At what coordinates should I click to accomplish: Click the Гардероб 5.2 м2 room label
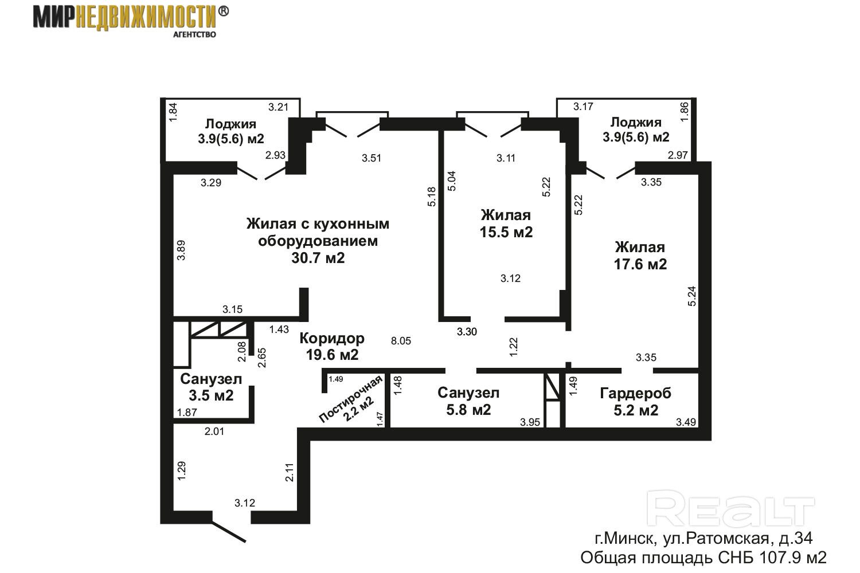tap(635, 402)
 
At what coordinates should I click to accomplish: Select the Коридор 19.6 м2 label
tap(332, 347)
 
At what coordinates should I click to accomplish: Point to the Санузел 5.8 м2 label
tap(468, 401)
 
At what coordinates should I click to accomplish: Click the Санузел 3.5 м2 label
tap(211, 387)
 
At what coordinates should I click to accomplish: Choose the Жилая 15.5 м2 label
tap(506, 223)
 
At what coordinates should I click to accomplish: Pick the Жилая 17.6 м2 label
tap(640, 256)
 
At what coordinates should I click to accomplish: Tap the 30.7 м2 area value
tap(318, 258)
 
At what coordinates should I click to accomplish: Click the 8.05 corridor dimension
tap(401, 341)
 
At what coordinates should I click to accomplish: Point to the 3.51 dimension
tap(372, 158)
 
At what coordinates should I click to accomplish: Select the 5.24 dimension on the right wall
tap(691, 296)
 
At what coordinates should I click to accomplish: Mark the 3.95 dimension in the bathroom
tap(530, 422)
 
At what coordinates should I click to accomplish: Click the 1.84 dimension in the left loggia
tap(173, 112)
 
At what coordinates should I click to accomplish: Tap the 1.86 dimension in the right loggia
tap(685, 112)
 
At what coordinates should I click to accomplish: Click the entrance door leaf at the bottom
tap(229, 532)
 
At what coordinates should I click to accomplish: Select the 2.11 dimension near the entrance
tap(290, 473)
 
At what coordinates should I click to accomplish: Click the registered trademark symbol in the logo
tap(224, 11)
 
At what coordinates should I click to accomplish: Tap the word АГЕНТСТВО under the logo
tap(195, 34)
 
